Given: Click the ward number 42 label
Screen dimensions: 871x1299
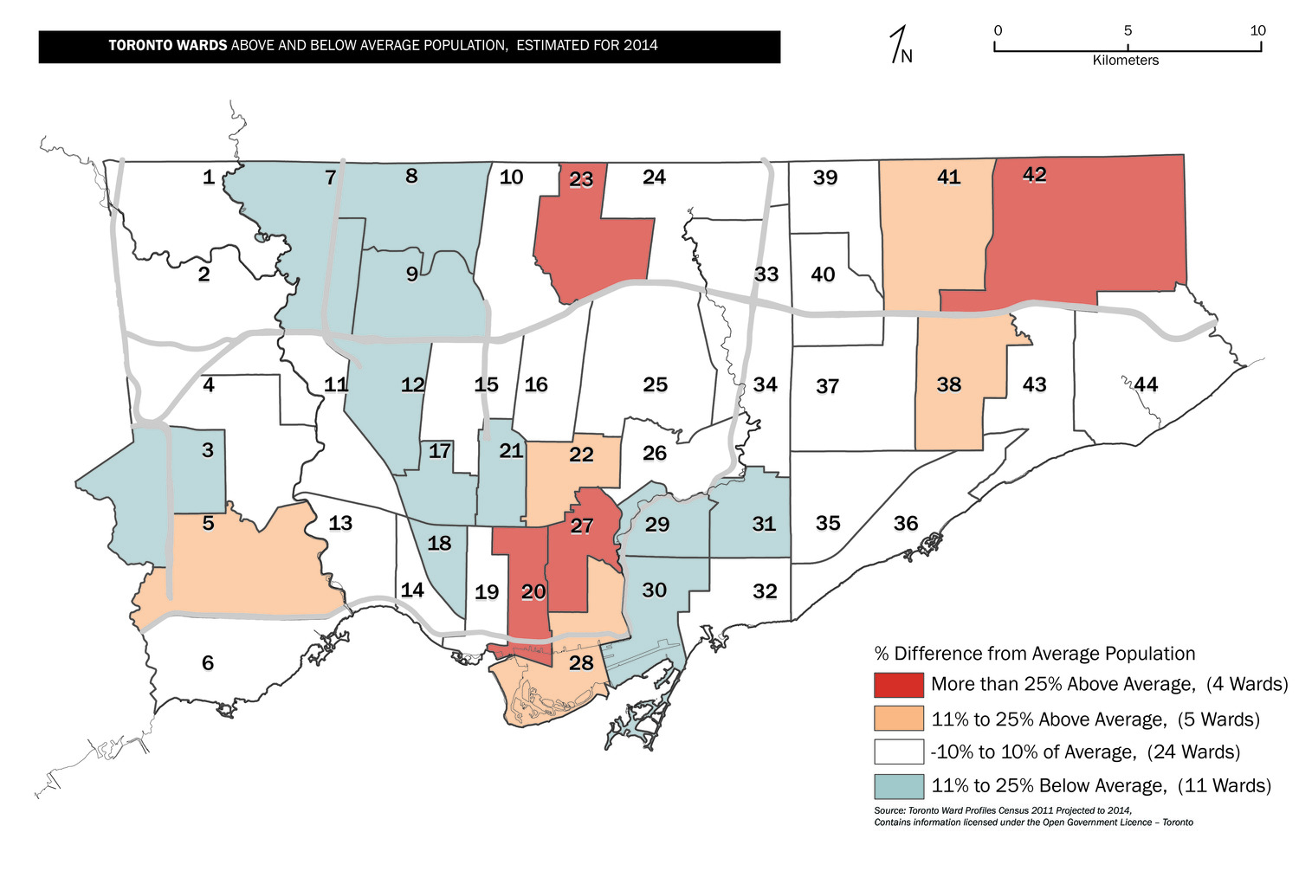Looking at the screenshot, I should tap(1034, 175).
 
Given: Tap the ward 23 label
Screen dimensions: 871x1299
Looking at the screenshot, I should tap(581, 179).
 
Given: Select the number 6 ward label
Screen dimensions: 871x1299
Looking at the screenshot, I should tap(208, 663).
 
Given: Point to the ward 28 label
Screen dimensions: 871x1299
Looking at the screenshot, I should tap(581, 663).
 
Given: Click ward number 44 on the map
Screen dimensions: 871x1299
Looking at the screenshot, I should tap(1146, 384).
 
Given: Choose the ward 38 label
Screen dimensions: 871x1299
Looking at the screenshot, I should tap(949, 384).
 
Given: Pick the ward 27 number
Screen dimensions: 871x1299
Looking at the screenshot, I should tap(581, 526).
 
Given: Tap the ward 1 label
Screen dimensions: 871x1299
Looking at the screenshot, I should tap(208, 177).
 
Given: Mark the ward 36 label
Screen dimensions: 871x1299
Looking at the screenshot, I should tap(906, 523).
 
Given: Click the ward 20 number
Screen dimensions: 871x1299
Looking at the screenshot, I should tap(533, 591).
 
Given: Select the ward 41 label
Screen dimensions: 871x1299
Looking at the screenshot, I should tap(949, 177).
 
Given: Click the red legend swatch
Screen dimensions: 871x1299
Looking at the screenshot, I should tap(899, 685).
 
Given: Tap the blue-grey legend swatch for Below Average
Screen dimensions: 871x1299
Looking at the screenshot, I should tap(899, 786).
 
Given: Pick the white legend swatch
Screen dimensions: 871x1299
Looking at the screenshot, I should tap(899, 752).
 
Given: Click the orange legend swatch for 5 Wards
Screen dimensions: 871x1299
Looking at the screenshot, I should tap(899, 719).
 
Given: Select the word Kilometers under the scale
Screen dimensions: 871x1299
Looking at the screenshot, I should tap(1125, 61).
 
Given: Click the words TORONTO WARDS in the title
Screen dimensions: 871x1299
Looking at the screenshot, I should tap(167, 46).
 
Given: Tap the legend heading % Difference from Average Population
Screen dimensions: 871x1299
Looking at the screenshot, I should tap(1035, 654).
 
